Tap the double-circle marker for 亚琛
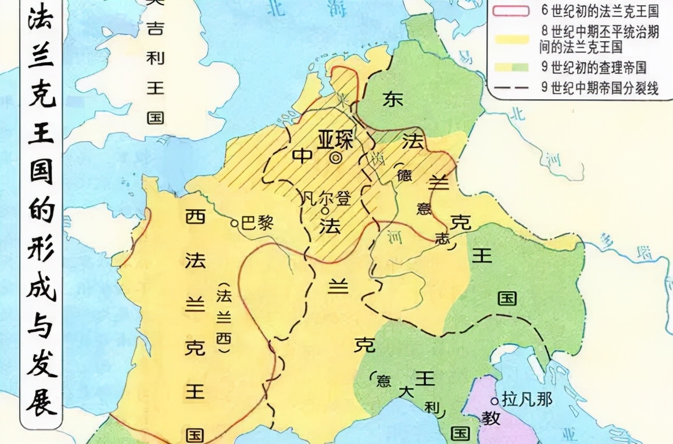coord(335,157)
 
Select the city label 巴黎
coord(256,223)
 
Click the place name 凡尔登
coord(327,199)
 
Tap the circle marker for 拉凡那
coord(495,400)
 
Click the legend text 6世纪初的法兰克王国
coord(599,11)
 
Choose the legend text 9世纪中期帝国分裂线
coord(599,87)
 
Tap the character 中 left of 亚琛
coord(302,156)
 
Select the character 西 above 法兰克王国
coord(195,217)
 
